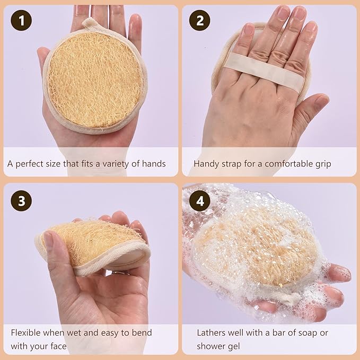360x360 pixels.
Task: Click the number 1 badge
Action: pos(21,21)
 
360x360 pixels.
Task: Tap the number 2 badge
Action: pos(199,21)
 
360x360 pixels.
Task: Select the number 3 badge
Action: pos(21,200)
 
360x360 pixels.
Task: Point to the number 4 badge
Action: pos(199,200)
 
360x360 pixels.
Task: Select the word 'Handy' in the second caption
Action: pos(206,164)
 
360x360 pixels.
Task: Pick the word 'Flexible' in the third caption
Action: pos(27,333)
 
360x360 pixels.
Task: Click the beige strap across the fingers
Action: pos(265,72)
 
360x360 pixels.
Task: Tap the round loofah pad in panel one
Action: pos(94,80)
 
